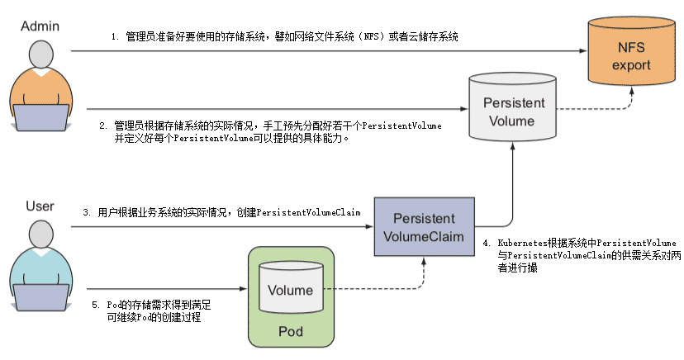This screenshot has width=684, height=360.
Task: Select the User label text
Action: pos(40,206)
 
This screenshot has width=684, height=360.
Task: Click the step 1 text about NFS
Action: pos(285,37)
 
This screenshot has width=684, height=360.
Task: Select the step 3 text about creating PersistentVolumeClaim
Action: pos(223,213)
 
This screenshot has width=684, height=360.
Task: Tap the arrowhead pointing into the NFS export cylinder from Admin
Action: pos(581,51)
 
